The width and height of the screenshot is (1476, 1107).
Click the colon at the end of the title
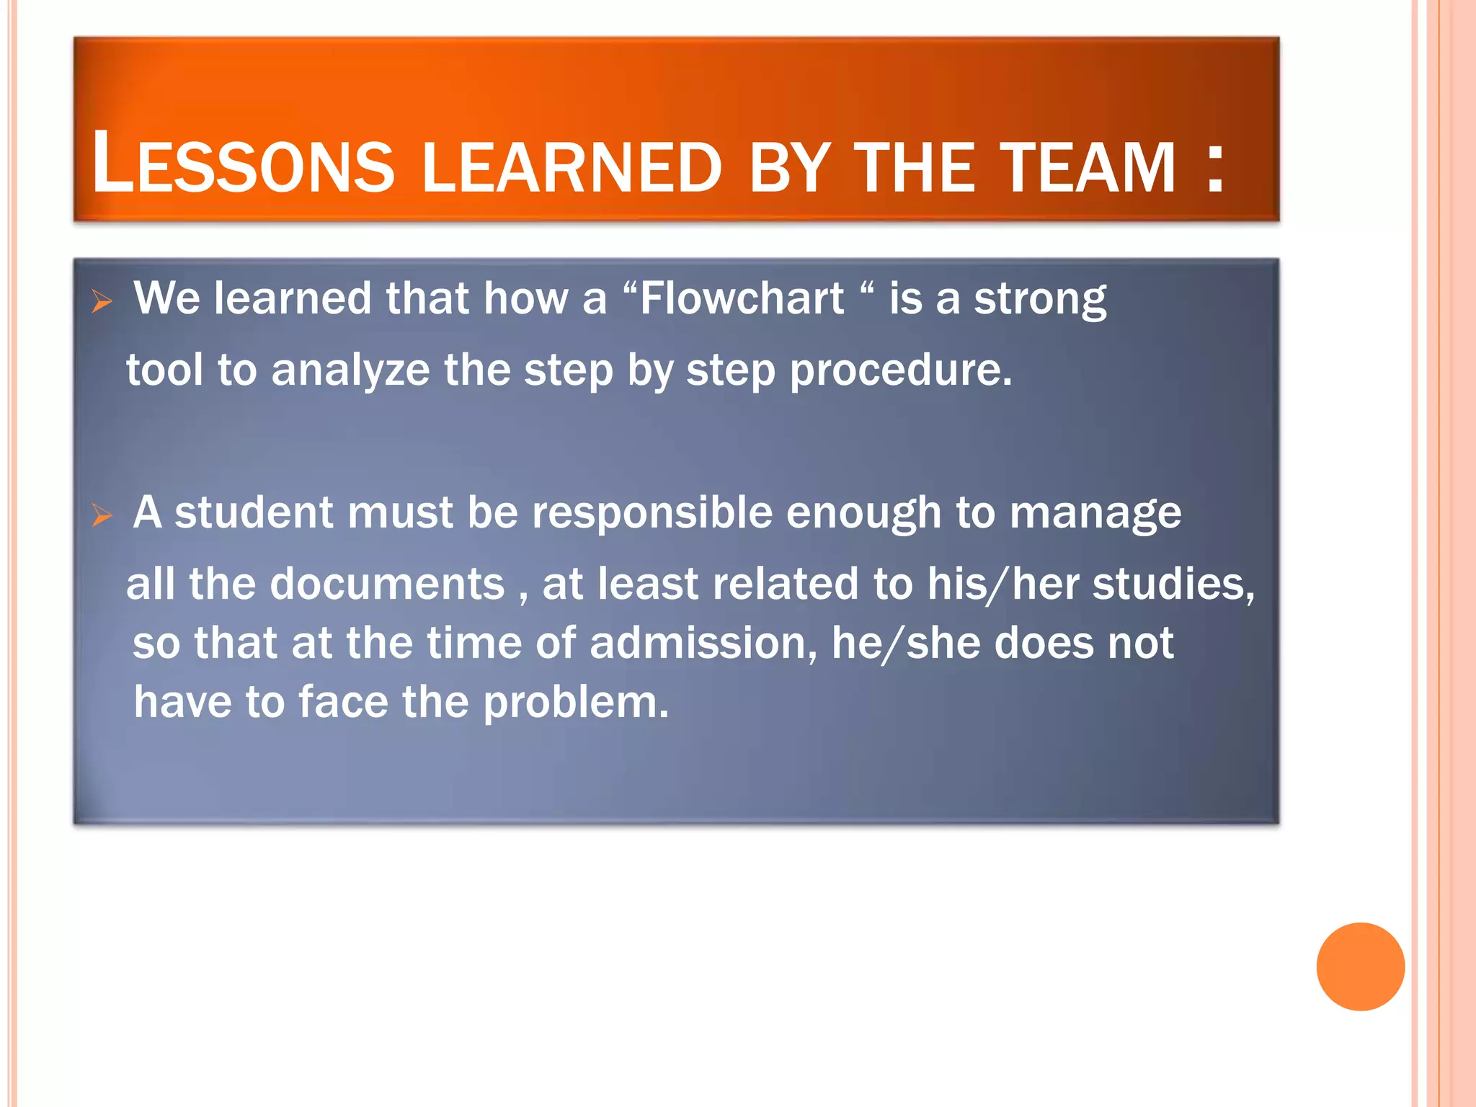1216,167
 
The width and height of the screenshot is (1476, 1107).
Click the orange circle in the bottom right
1360,966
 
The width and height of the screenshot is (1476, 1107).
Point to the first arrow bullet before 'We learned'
102,301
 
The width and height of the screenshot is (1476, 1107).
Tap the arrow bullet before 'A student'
102,515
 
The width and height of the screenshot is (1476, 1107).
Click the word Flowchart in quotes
742,298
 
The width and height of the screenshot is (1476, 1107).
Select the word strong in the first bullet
1040,299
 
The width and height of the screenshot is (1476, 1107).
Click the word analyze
350,370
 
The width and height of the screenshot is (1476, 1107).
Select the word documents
387,583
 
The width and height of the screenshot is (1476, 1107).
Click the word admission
698,642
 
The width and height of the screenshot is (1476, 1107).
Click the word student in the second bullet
254,513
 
